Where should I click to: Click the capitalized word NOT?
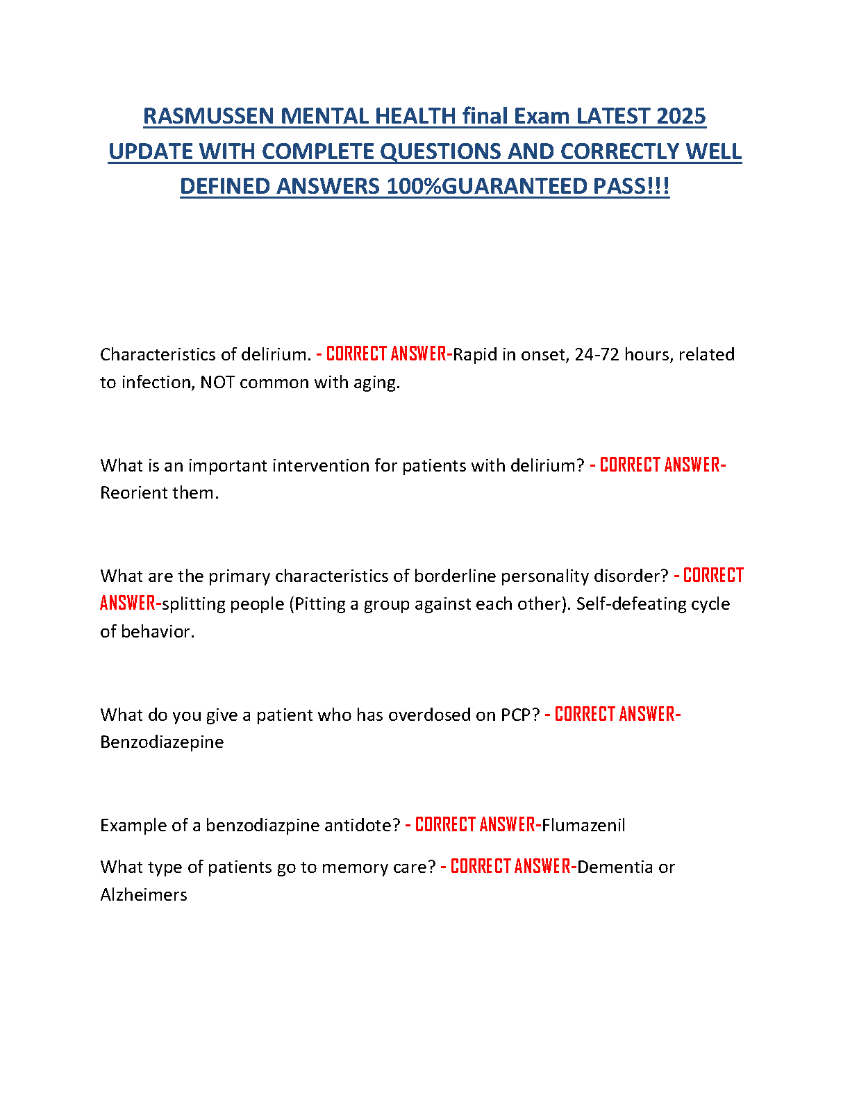pos(217,383)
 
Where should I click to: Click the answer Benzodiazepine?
pos(162,742)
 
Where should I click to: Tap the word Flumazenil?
pos(583,826)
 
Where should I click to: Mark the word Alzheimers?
pos(144,895)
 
